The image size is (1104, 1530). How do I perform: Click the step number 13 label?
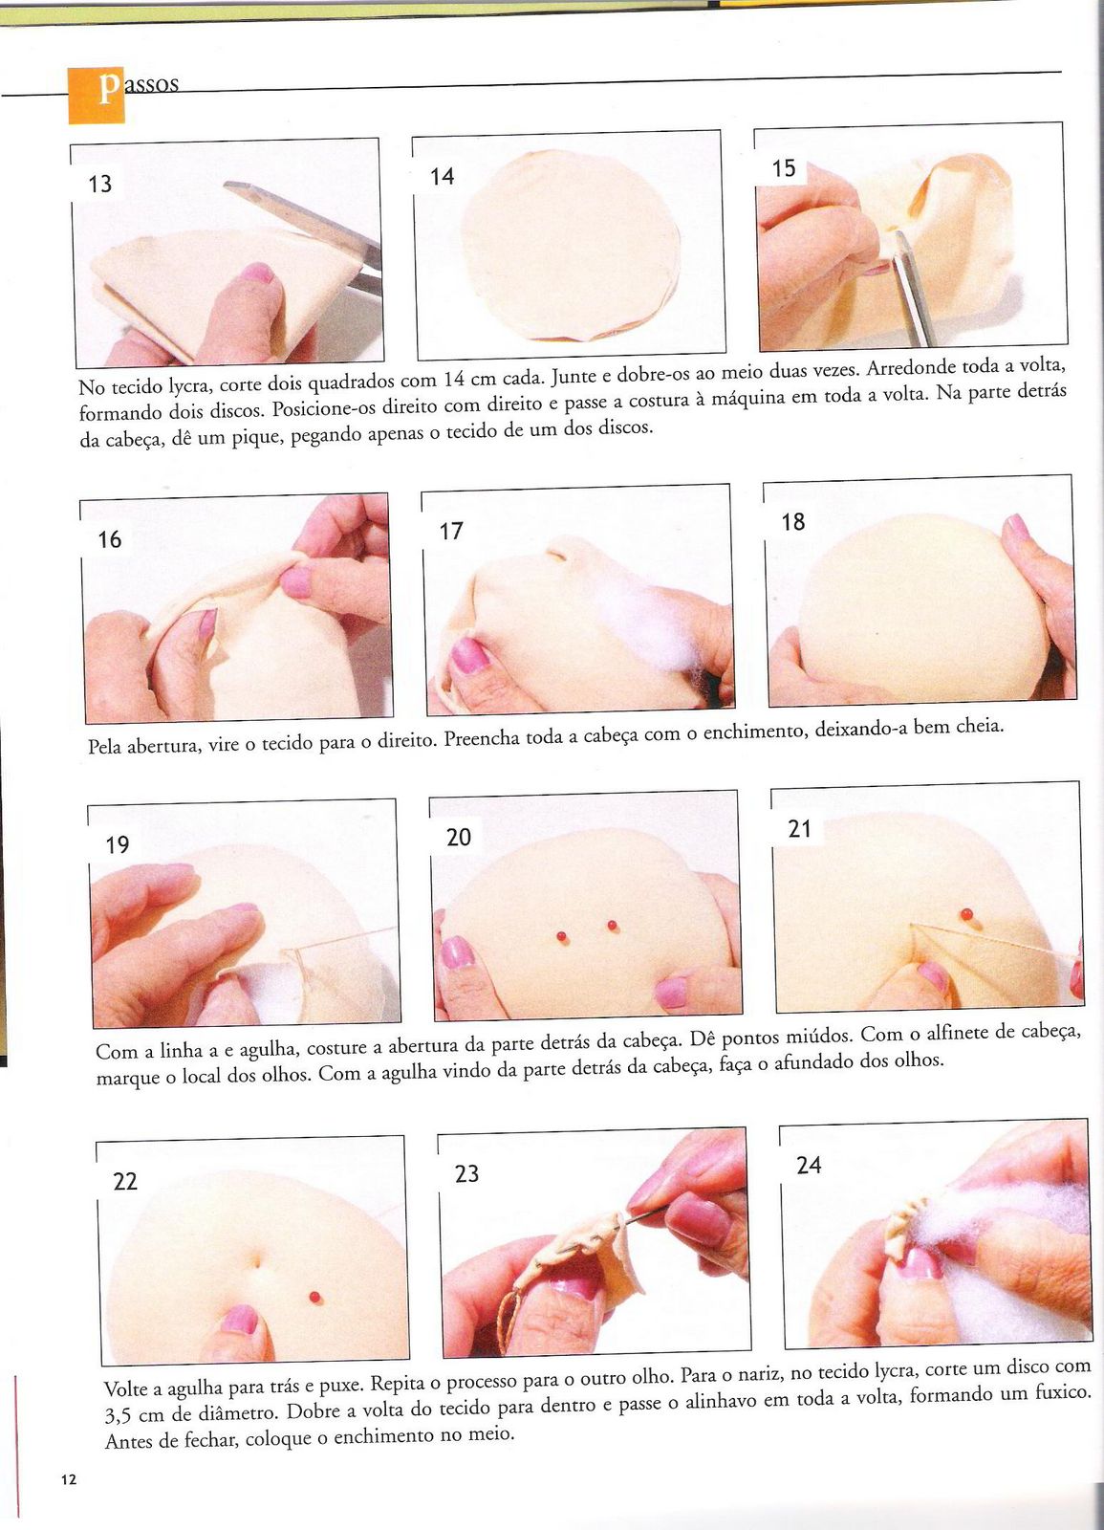click(99, 184)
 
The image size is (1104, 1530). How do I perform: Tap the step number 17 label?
click(451, 531)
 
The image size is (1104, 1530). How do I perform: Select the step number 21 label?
click(799, 828)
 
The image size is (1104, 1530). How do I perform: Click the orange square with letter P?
click(97, 96)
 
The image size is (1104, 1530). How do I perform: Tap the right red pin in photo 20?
click(611, 926)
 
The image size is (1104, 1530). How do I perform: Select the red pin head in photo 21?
click(966, 914)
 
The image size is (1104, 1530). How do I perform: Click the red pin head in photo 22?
click(314, 1297)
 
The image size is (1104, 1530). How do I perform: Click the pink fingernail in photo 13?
click(257, 273)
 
